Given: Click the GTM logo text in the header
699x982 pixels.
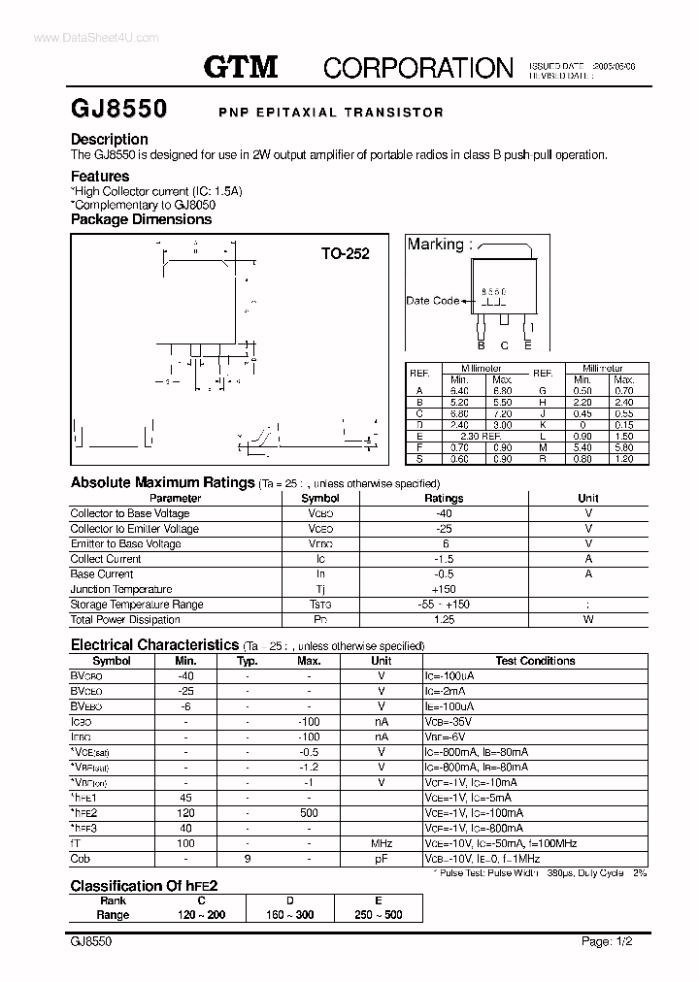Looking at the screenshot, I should click(240, 66).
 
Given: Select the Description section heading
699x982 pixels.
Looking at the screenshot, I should click(110, 139).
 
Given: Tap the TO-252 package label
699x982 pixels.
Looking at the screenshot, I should click(346, 254).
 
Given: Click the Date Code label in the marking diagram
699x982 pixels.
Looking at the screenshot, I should click(432, 301).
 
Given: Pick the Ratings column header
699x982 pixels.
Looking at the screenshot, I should click(445, 498).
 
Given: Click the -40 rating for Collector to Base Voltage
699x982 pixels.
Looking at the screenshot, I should click(445, 513).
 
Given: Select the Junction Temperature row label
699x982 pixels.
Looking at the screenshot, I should click(121, 589).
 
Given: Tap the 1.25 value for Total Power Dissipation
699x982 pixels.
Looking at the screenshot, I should click(445, 619).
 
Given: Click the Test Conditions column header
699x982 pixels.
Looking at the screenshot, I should click(535, 661).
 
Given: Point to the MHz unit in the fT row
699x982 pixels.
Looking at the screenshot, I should click(382, 844).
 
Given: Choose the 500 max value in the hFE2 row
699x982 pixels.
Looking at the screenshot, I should click(310, 813).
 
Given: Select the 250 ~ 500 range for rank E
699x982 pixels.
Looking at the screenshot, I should click(379, 915).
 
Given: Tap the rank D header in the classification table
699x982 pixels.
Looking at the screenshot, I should click(290, 900).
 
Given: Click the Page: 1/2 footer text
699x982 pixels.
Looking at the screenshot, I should click(608, 941).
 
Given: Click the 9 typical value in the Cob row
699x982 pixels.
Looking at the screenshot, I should click(247, 859).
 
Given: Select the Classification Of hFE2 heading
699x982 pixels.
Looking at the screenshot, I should click(143, 885).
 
